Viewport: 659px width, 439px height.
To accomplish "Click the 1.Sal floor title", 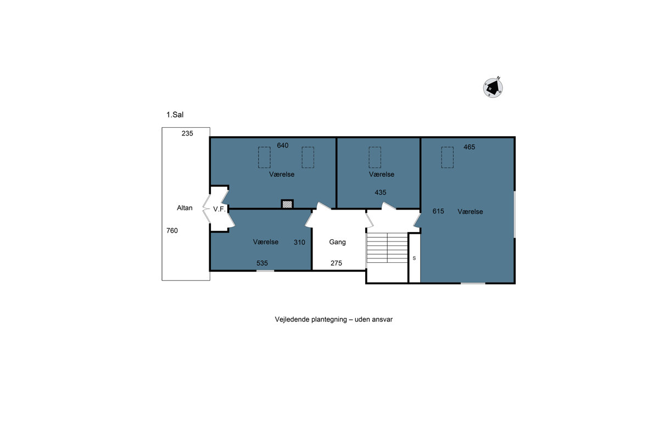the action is pos(175,115).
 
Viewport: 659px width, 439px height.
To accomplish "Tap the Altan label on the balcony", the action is pos(185,208).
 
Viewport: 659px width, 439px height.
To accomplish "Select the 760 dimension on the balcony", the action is pos(172,230).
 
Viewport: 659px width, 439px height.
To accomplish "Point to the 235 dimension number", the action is pos(187,133).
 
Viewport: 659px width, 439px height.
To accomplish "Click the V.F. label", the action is pos(219,209).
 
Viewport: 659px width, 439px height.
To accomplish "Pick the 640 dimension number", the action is pos(283,145).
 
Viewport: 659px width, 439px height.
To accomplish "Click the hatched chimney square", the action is pos(287,204).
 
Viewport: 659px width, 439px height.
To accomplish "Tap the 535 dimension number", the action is pos(262,263).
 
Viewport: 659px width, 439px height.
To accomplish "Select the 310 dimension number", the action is pos(299,243).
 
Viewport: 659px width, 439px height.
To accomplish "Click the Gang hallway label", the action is pos(337,242).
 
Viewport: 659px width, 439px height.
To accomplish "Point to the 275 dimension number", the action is pos(336,263).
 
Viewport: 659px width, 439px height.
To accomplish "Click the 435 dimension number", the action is pos(381,193).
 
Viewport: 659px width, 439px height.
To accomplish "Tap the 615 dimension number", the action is pos(438,211).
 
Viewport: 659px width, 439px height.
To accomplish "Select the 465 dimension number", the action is pos(469,147).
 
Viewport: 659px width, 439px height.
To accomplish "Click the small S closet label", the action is pos(414,258).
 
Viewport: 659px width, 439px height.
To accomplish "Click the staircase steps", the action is pos(387,247).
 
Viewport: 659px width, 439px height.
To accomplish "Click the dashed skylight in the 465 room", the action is pos(447,157).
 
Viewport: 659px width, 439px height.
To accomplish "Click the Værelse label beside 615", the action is pos(470,212).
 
